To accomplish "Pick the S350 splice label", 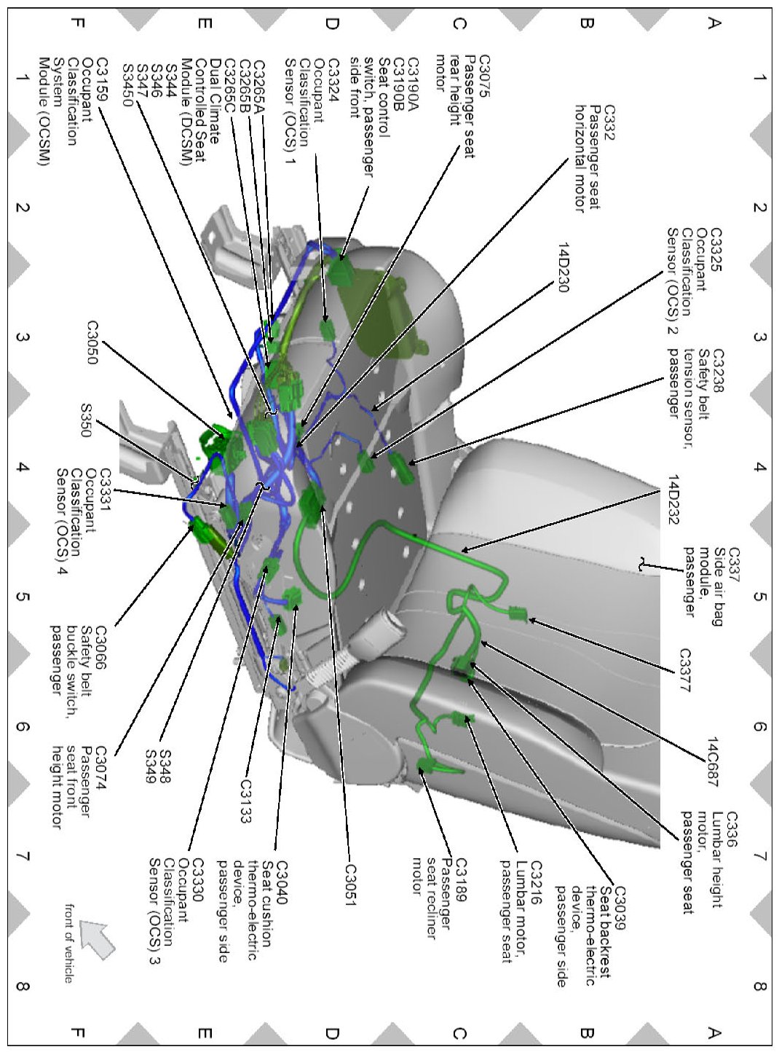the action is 85,420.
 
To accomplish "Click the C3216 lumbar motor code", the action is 536,883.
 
